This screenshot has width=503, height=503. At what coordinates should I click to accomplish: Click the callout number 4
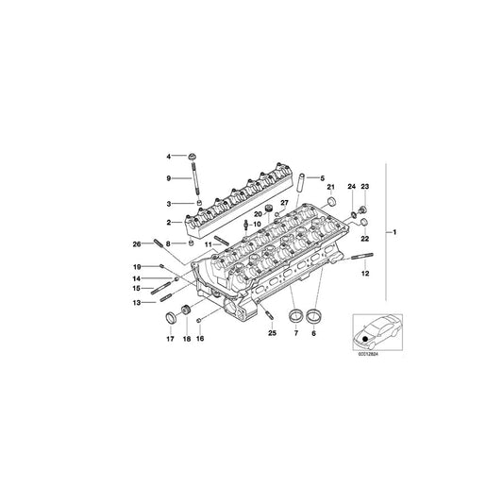(x=170, y=155)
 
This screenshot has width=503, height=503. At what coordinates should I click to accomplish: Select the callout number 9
(x=170, y=177)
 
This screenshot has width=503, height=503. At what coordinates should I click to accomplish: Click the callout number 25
(x=272, y=334)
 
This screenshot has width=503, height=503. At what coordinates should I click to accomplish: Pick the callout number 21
(x=331, y=188)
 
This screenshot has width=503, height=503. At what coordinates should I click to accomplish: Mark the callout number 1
(x=396, y=232)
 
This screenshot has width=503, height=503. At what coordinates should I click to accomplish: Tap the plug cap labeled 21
(x=331, y=203)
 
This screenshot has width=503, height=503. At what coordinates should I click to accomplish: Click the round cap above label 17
(x=172, y=315)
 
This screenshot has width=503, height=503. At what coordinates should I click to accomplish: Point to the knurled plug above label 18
(x=186, y=314)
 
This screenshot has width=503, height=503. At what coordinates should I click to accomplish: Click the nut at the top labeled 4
(x=193, y=155)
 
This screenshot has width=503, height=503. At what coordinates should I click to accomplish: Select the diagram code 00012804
(x=369, y=358)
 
